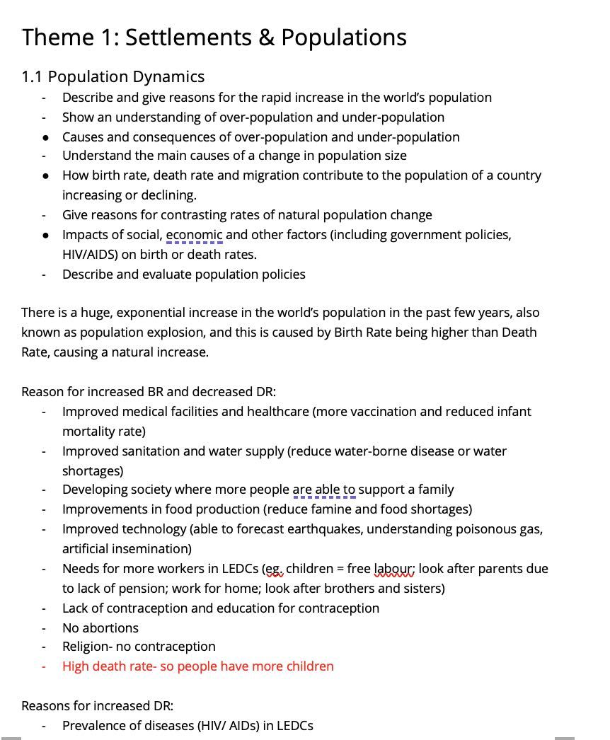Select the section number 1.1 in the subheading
(33, 76)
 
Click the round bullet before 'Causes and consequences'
(45, 137)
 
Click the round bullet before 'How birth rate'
(45, 175)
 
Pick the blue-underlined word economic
(194, 235)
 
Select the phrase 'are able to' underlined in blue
(323, 490)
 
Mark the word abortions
(110, 628)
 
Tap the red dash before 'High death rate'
(44, 666)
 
